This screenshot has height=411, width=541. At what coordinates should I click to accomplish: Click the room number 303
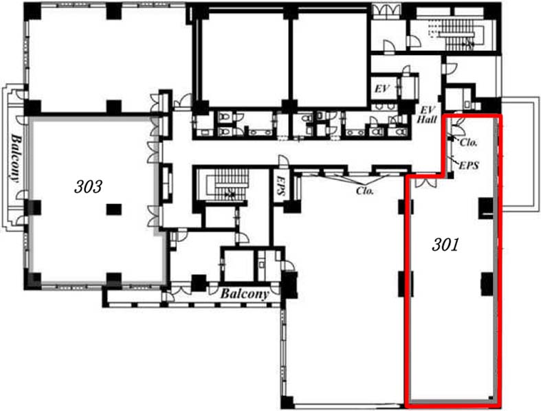(88, 187)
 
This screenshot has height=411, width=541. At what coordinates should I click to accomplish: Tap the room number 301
(445, 245)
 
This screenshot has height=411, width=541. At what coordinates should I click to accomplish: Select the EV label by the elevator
(382, 89)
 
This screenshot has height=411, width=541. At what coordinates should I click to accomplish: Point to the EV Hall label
(427, 115)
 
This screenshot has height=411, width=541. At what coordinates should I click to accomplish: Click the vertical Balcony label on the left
(15, 157)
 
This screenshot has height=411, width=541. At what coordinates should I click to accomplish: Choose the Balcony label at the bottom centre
(245, 293)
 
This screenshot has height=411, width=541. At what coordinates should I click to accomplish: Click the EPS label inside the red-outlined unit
(469, 166)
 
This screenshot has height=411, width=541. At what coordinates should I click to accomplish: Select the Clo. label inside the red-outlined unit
(469, 142)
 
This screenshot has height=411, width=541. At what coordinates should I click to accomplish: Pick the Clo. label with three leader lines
(365, 190)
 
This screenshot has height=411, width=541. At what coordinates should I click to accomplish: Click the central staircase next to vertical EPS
(228, 185)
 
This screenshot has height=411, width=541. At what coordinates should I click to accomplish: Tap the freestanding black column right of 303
(114, 209)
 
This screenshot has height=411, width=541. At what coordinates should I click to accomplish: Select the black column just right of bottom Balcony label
(290, 285)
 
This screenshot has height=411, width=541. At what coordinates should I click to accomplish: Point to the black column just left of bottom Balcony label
(199, 282)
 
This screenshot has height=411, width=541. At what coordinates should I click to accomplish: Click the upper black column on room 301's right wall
(486, 208)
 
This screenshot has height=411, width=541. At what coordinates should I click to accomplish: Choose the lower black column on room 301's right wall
(487, 284)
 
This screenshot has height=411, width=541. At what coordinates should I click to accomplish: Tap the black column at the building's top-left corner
(33, 11)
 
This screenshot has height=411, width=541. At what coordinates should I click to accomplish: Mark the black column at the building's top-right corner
(492, 12)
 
